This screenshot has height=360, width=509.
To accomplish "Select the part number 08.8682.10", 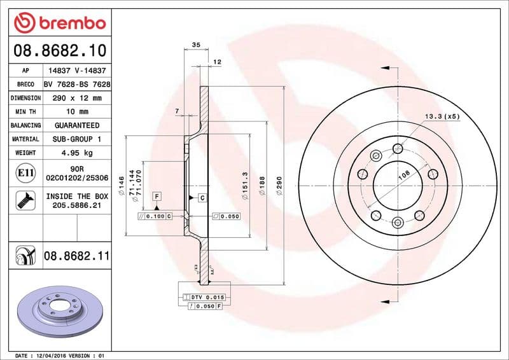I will [x=58, y=50].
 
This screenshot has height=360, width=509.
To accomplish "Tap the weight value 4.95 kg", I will [x=77, y=153].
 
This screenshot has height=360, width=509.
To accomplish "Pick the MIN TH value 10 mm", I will [x=77, y=112].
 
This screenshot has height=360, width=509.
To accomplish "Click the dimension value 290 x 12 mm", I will [x=77, y=98].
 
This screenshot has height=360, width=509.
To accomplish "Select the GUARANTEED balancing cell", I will [x=77, y=125].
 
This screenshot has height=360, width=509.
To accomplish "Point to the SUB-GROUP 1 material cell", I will [x=77, y=139].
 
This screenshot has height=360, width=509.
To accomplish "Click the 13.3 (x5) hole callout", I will [x=442, y=116].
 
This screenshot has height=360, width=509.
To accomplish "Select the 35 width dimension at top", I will [x=196, y=45].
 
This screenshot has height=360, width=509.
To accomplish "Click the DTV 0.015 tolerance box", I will [x=204, y=298].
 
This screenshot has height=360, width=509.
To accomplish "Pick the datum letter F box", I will [x=156, y=197].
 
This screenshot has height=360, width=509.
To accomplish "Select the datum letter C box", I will [x=202, y=198].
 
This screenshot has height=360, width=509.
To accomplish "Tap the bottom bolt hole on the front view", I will [x=397, y=222].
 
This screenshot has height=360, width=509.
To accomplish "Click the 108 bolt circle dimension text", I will [x=403, y=176].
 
